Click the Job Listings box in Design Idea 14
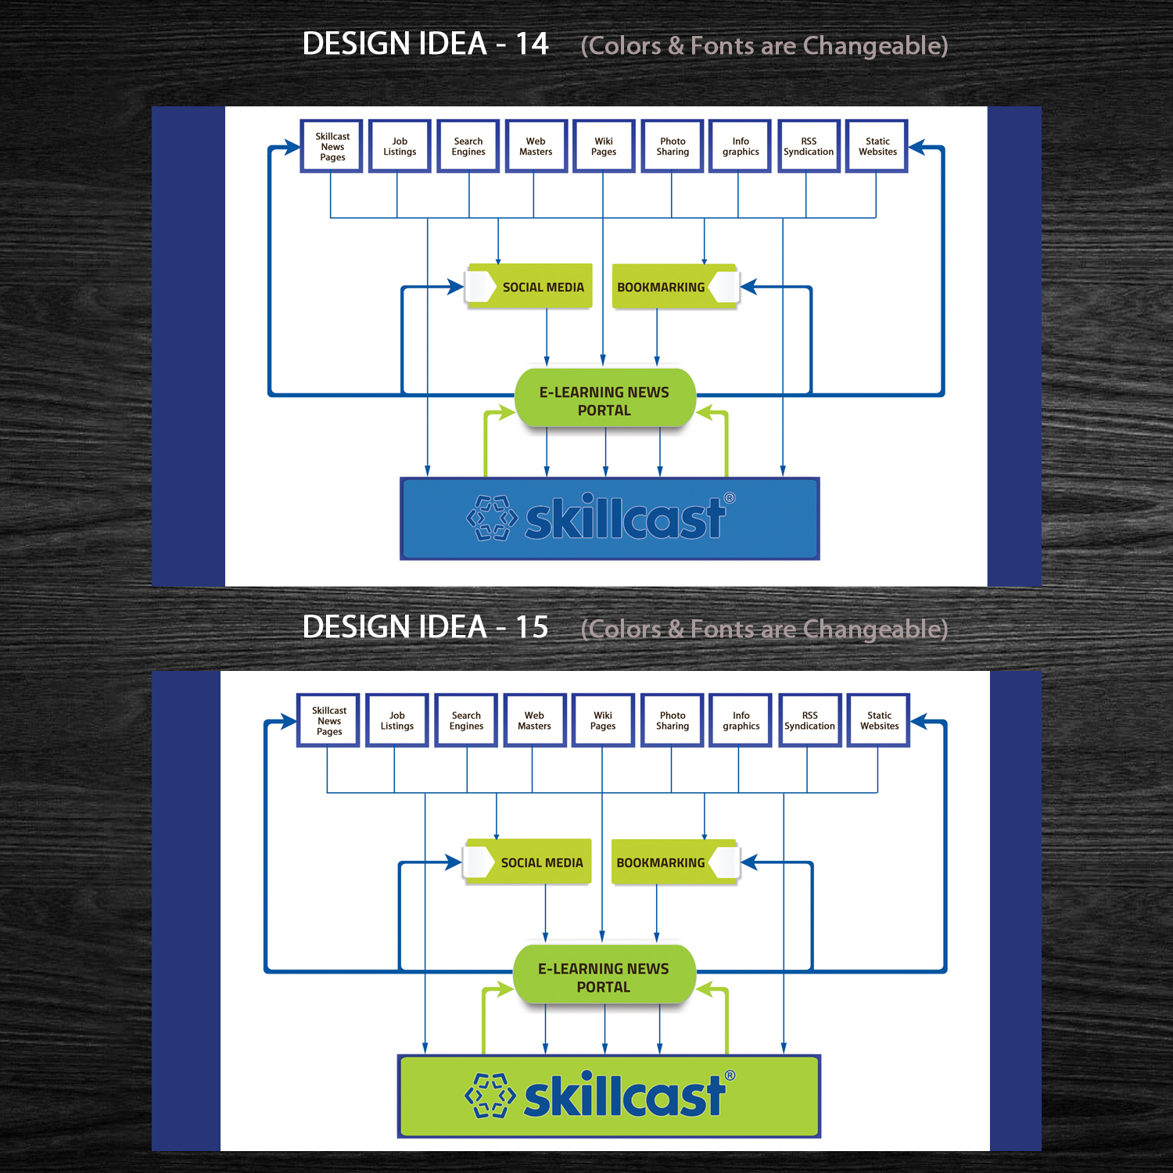coord(400,146)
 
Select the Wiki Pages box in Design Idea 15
coord(603,720)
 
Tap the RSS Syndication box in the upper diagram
coord(809,146)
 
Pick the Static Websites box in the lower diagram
coord(879,720)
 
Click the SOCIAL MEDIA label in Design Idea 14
coord(543,287)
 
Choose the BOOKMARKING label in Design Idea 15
coord(661,863)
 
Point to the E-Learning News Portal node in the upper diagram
coord(604,400)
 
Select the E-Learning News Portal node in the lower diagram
coord(603,977)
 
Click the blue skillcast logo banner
coord(610,518)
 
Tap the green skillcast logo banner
coord(609,1096)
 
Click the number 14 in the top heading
coord(532,45)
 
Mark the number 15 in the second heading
coord(532,627)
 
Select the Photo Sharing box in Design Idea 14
coord(673,146)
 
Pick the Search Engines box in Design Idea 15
coord(466,720)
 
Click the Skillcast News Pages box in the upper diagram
coord(332,146)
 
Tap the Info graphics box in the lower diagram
coord(741,720)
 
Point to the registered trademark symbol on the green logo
coord(730,1075)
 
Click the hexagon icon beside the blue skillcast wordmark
coord(492,518)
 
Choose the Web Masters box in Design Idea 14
coord(536,146)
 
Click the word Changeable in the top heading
coord(875,46)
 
